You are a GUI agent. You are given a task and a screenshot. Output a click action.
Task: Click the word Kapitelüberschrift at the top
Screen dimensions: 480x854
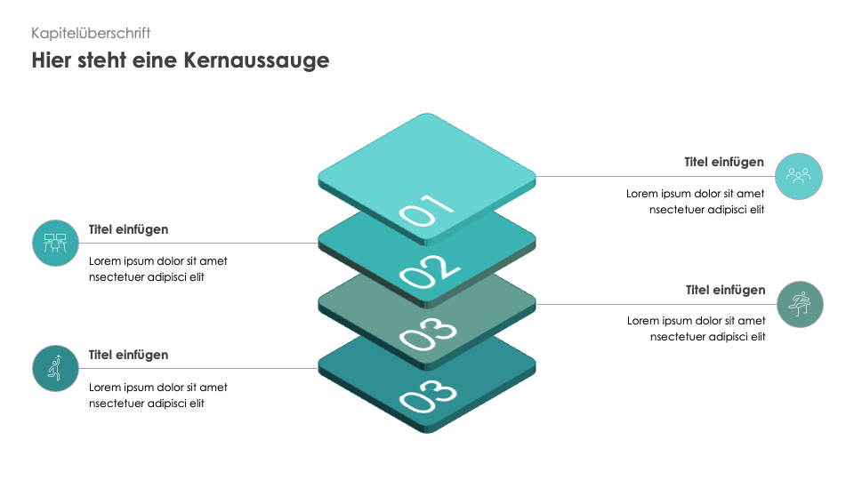(91, 33)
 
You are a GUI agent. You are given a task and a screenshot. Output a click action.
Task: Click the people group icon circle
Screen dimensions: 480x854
(799, 176)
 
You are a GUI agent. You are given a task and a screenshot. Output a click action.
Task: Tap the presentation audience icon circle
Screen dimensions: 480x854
(56, 243)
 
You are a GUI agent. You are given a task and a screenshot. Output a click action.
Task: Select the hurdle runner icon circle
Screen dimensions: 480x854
(800, 304)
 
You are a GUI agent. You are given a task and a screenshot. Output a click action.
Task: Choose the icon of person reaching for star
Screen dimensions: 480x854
(56, 368)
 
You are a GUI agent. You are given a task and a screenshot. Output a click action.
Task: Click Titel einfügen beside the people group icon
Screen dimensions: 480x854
(724, 163)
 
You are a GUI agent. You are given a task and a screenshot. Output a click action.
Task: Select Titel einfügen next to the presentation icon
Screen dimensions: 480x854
(129, 229)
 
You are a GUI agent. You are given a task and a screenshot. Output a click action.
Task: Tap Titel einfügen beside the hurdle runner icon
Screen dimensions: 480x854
(725, 291)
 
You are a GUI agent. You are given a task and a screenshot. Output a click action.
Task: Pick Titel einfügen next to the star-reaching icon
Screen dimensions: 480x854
(129, 355)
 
